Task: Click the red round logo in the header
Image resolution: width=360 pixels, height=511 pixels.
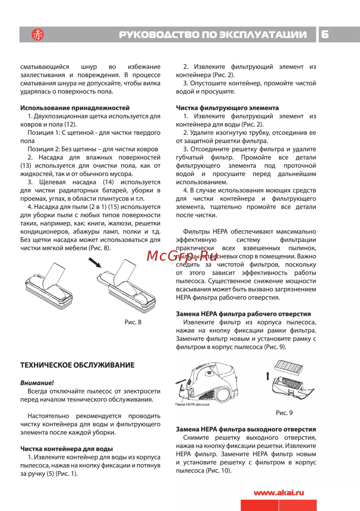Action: click(x=37, y=35)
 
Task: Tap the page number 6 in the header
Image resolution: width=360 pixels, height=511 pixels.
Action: click(x=325, y=34)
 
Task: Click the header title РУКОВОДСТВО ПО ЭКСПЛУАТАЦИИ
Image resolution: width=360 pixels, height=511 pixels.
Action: click(x=213, y=35)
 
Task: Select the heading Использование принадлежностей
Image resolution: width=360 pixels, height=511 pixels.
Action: click(x=75, y=108)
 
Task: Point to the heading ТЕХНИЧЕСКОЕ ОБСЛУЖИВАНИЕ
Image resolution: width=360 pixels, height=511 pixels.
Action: click(x=77, y=365)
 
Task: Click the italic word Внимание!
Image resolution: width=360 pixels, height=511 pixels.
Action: click(x=37, y=383)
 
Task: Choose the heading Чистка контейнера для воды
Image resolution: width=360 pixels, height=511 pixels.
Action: click(x=67, y=449)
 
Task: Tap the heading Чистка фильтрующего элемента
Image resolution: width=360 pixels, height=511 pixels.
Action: click(x=227, y=108)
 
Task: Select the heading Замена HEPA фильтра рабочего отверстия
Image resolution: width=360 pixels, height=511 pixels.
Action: click(x=243, y=314)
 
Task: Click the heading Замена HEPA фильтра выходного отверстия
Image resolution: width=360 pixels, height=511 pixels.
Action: click(x=246, y=429)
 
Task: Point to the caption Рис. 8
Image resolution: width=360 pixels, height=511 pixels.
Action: click(x=133, y=322)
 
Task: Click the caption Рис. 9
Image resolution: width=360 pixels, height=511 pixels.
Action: click(x=284, y=413)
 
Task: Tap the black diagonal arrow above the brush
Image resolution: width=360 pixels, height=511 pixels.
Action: click(x=95, y=263)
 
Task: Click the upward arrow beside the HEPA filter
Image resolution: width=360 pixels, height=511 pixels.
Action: click(x=267, y=376)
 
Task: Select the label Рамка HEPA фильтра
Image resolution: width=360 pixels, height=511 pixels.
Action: click(x=192, y=404)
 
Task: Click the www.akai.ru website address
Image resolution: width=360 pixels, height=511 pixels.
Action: click(x=279, y=493)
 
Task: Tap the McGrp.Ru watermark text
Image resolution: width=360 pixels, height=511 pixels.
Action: click(x=181, y=256)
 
